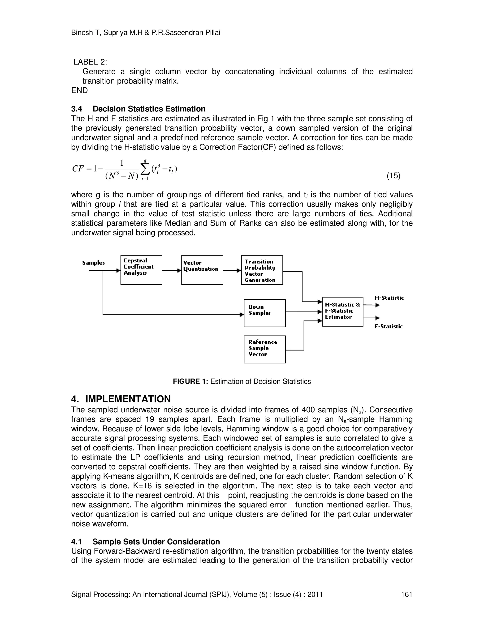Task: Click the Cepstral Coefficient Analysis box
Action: pyautogui.click(x=141, y=270)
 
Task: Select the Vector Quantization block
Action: pyautogui.click(x=202, y=270)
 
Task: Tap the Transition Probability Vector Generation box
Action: pyautogui.click(x=262, y=270)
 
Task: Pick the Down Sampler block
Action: pyautogui.click(x=264, y=313)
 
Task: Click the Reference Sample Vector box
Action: pyautogui.click(x=264, y=349)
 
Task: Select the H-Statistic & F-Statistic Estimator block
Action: pyautogui.click(x=342, y=312)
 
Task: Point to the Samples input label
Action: pyautogui.click(x=94, y=263)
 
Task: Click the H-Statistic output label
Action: pyautogui.click(x=389, y=298)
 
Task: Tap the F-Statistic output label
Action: pyautogui.click(x=389, y=327)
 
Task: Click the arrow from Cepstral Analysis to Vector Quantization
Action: pyautogui.click(x=172, y=270)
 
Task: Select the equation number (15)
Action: pyautogui.click(x=393, y=176)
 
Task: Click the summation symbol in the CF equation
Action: pyautogui.click(x=145, y=170)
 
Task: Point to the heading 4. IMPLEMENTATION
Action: pyautogui.click(x=121, y=399)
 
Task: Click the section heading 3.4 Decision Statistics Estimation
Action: pyautogui.click(x=138, y=109)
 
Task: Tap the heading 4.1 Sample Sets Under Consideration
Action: pyautogui.click(x=145, y=541)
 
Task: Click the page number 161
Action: pyautogui.click(x=406, y=594)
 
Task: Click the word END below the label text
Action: pyautogui.click(x=79, y=90)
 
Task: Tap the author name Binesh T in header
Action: pyautogui.click(x=86, y=33)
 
